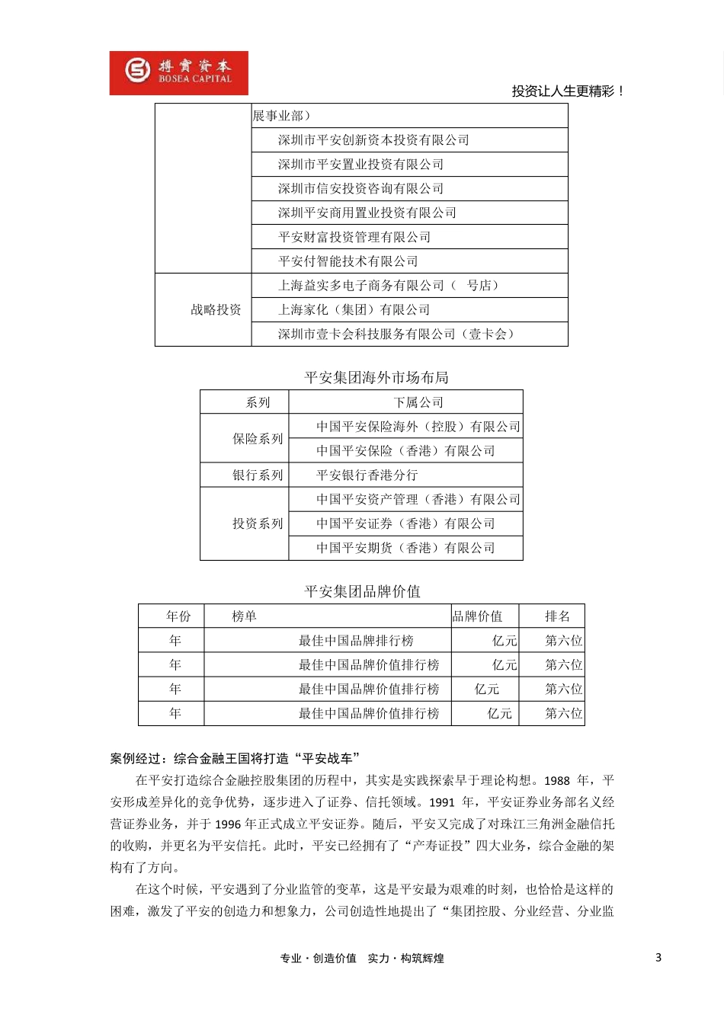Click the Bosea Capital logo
click(179, 73)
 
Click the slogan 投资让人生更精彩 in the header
click(568, 91)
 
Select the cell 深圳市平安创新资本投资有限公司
click(373, 140)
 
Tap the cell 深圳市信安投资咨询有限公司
click(360, 189)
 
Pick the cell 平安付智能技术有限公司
click(348, 261)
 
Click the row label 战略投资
click(216, 310)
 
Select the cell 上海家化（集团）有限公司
click(354, 310)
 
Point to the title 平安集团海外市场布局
click(376, 378)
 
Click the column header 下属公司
click(418, 402)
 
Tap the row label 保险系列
click(258, 439)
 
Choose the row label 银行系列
click(258, 475)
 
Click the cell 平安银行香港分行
click(367, 475)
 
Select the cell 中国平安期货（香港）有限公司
click(405, 549)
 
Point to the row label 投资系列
click(258, 524)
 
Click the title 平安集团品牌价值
click(362, 592)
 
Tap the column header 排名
click(557, 616)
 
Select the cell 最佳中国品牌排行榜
click(356, 641)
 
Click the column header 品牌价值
click(478, 616)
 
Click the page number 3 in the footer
click(658, 958)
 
